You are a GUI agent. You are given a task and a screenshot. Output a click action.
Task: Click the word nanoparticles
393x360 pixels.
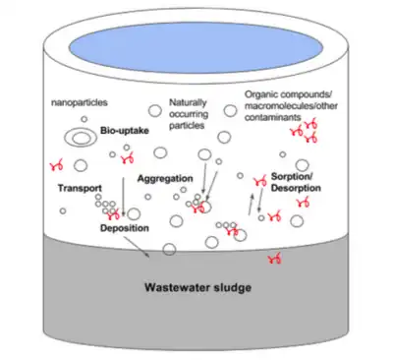pyautogui.click(x=80, y=102)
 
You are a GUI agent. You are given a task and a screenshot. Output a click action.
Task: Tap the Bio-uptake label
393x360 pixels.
pyautogui.click(x=125, y=131)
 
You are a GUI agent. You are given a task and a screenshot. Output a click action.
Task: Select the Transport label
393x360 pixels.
pyautogui.click(x=80, y=188)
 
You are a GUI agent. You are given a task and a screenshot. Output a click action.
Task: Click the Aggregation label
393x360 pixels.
pyautogui.click(x=165, y=179)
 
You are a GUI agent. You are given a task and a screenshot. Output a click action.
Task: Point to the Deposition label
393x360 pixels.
pyautogui.click(x=125, y=228)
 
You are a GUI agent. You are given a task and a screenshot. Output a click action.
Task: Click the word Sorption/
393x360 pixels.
pyautogui.click(x=292, y=177)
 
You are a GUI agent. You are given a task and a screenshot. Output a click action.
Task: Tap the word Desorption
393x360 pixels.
pyautogui.click(x=296, y=188)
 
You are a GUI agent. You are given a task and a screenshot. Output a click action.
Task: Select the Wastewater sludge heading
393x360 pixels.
pyautogui.click(x=198, y=287)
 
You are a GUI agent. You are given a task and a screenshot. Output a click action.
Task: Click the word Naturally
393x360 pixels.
pyautogui.click(x=188, y=102)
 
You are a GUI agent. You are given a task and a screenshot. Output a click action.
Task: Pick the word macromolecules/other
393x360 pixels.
pyautogui.click(x=291, y=106)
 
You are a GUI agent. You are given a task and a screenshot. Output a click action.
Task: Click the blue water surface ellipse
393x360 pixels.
pyautogui.click(x=196, y=47)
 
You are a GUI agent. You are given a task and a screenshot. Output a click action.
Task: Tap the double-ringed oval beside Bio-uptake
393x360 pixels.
pyautogui.click(x=81, y=138)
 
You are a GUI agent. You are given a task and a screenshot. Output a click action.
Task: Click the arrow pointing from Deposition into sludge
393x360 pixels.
pyautogui.click(x=137, y=247)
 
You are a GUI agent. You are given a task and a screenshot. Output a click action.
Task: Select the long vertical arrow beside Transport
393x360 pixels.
pyautogui.click(x=124, y=197)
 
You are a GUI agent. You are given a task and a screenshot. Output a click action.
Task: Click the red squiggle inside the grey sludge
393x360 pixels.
pyautogui.click(x=275, y=260)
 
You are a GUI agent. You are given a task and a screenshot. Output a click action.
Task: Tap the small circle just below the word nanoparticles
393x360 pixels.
pyautogui.click(x=84, y=119)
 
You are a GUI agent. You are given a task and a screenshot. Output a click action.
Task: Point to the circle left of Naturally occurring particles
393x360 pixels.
pyautogui.click(x=155, y=111)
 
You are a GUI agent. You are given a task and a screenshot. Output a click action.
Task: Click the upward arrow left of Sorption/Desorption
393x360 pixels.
pyautogui.click(x=251, y=205)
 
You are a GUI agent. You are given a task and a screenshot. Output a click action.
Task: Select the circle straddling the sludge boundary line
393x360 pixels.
pyautogui.click(x=169, y=250)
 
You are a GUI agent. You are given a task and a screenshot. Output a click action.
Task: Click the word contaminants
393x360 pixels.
pyautogui.click(x=272, y=118)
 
